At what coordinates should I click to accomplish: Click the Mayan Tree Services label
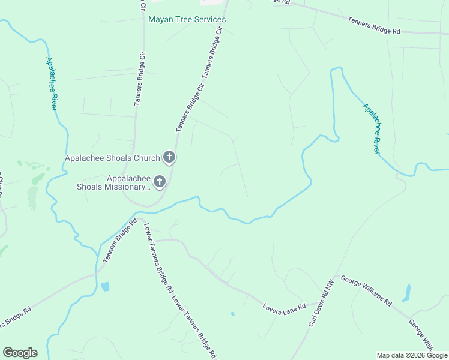point(187,20)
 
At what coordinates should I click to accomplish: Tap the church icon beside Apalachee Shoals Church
point(169,158)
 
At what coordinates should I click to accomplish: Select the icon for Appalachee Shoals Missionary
point(160,181)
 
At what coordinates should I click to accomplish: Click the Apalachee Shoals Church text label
point(112,158)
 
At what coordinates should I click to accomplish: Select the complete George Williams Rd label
point(366,291)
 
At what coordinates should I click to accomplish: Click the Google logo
point(20,353)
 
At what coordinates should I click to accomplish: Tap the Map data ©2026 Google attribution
point(412,355)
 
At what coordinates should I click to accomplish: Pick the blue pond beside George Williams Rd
point(408,293)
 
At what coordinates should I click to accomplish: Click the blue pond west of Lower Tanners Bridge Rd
point(106,286)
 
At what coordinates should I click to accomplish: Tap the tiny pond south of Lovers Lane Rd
point(232,314)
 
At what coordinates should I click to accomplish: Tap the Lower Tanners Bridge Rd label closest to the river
point(157,257)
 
